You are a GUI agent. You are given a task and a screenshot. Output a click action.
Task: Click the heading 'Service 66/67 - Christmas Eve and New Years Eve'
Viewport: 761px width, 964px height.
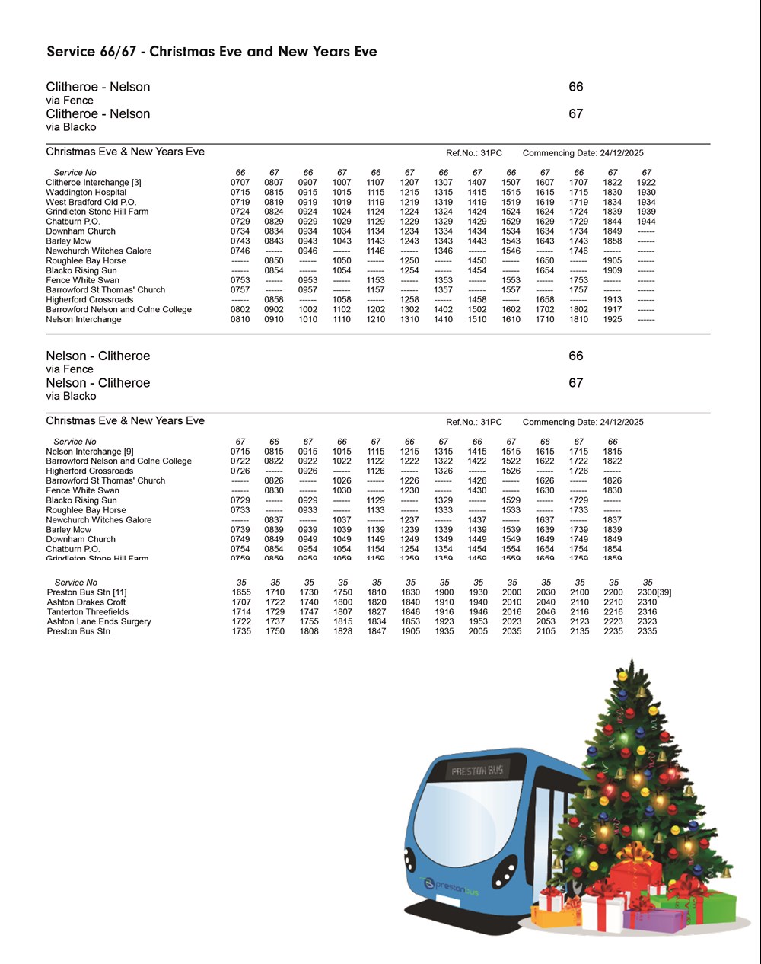pos(212,52)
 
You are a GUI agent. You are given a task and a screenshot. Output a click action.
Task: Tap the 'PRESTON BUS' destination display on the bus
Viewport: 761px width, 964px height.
pos(476,771)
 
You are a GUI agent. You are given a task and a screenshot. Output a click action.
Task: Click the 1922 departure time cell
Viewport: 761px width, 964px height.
pos(646,183)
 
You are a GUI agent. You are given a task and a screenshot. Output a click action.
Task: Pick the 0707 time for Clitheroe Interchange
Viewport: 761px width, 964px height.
pos(240,183)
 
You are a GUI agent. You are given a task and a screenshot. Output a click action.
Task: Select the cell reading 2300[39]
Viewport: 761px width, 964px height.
pos(654,592)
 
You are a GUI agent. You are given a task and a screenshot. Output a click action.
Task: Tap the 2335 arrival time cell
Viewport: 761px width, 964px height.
pos(647,631)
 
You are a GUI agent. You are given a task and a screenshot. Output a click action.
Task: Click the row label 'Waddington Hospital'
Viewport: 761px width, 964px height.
pos(86,193)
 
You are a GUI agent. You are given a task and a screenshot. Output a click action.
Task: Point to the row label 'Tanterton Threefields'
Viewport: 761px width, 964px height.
pos(88,612)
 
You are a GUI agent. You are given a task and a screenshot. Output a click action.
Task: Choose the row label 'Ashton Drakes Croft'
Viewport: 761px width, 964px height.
pos(86,602)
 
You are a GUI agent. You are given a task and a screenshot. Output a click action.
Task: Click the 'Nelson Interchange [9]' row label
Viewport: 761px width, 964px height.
pos(89,452)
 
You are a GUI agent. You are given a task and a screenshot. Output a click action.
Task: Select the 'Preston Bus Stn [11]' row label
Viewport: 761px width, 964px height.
pos(87,592)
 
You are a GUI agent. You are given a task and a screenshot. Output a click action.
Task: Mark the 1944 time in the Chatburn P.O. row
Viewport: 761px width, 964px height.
pos(646,222)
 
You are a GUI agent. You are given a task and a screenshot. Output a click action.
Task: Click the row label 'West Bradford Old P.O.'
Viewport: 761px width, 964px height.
pos(91,203)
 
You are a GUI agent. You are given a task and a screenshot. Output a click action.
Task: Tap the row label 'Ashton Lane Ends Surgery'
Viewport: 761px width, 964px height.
pos(99,622)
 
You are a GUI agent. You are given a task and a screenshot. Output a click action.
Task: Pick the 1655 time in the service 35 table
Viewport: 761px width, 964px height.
pos(241,592)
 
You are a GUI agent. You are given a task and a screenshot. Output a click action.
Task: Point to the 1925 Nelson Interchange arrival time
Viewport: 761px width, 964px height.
pos(613,320)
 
